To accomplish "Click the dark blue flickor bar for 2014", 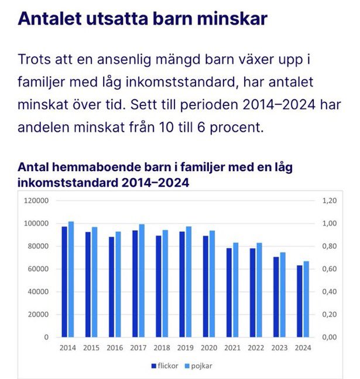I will pos(64,282).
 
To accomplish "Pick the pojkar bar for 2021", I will pos(235,290).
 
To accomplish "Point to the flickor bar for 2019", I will pos(182,284).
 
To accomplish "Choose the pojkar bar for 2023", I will pos(282,295).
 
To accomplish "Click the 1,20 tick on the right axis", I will pos(330,200).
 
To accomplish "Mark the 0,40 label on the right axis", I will pos(330,292).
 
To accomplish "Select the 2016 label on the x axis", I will pos(115,347).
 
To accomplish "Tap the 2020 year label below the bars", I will pos(208,347).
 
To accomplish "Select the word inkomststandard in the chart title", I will pos(64,182).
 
